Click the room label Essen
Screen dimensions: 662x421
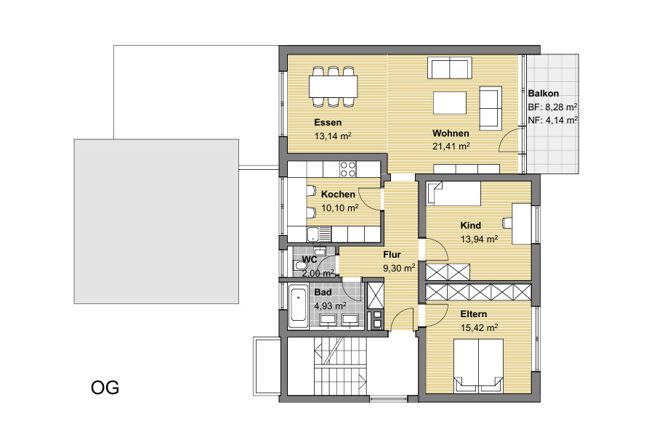coord(328,123)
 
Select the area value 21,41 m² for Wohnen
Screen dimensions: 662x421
coord(451,147)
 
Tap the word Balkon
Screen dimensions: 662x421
coord(544,93)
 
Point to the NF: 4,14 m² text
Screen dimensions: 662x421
coord(553,120)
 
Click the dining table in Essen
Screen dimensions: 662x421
coord(333,86)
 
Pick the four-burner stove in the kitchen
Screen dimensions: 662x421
coord(348,169)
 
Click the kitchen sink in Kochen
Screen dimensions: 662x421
coord(319,234)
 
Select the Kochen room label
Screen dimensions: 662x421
coord(338,195)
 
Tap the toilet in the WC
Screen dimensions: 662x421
coord(300,266)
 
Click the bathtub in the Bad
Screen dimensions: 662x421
coord(299,307)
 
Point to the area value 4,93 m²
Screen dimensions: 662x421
coord(330,306)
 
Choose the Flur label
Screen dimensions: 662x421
coord(392,255)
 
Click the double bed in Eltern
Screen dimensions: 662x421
coord(478,366)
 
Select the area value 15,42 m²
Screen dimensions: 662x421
coord(479,328)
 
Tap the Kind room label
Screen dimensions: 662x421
coord(471,225)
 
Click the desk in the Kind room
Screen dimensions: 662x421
coord(522,224)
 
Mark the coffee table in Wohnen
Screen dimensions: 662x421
coord(450,103)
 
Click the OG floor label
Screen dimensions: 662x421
coord(105,388)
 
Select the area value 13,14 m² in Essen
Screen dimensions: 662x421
coord(333,136)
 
